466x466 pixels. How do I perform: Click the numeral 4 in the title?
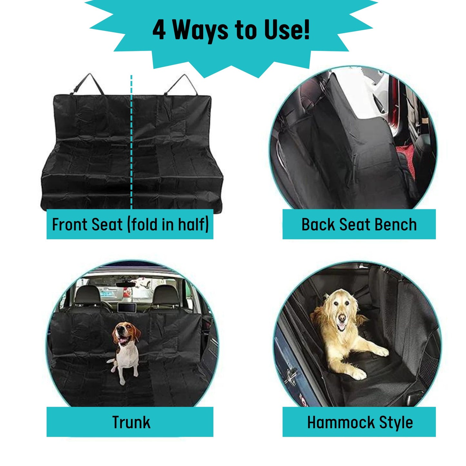[x=159, y=30]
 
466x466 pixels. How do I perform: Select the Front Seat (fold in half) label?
[x=130, y=224]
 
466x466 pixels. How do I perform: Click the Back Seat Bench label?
[x=359, y=224]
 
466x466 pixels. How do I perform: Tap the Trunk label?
[x=131, y=422]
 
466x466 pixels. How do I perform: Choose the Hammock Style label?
[x=360, y=422]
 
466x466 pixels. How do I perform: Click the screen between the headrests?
[x=126, y=307]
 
